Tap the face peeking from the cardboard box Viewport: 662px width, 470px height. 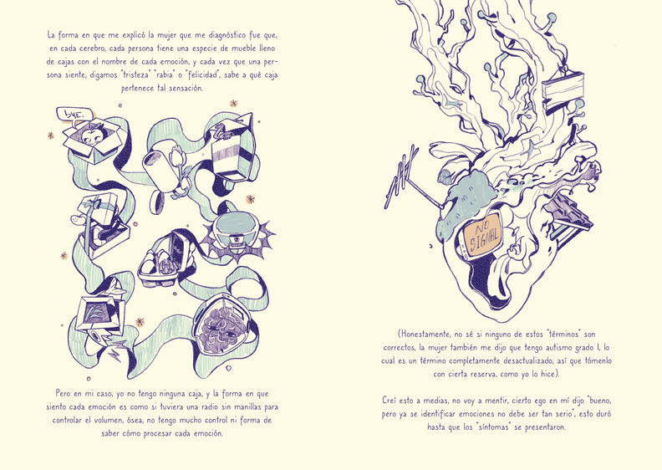point(93,135)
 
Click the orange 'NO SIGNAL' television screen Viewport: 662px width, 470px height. point(482,234)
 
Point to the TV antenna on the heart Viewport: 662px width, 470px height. point(405,181)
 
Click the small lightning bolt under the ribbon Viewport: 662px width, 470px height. point(115,354)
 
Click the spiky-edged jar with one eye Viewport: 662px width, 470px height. point(237,233)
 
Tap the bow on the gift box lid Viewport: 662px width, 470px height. point(95,203)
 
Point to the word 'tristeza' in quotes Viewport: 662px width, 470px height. point(137,75)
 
